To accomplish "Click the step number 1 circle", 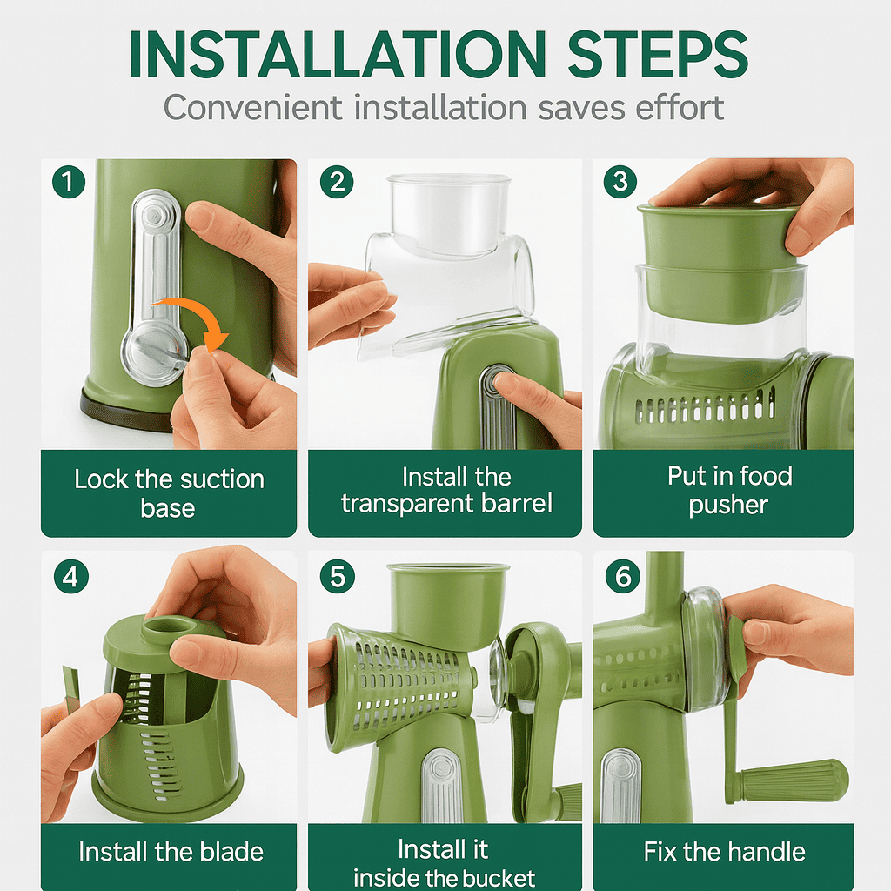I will click(x=68, y=182).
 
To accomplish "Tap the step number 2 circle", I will click(x=336, y=182).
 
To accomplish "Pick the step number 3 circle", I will click(x=620, y=182).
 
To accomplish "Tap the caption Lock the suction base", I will click(x=168, y=492).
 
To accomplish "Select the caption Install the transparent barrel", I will click(x=445, y=490).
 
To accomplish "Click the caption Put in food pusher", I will click(x=729, y=490).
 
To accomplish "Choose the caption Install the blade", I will click(x=171, y=851).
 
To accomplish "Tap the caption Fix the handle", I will click(x=724, y=851).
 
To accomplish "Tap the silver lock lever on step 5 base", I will click(x=442, y=783).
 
